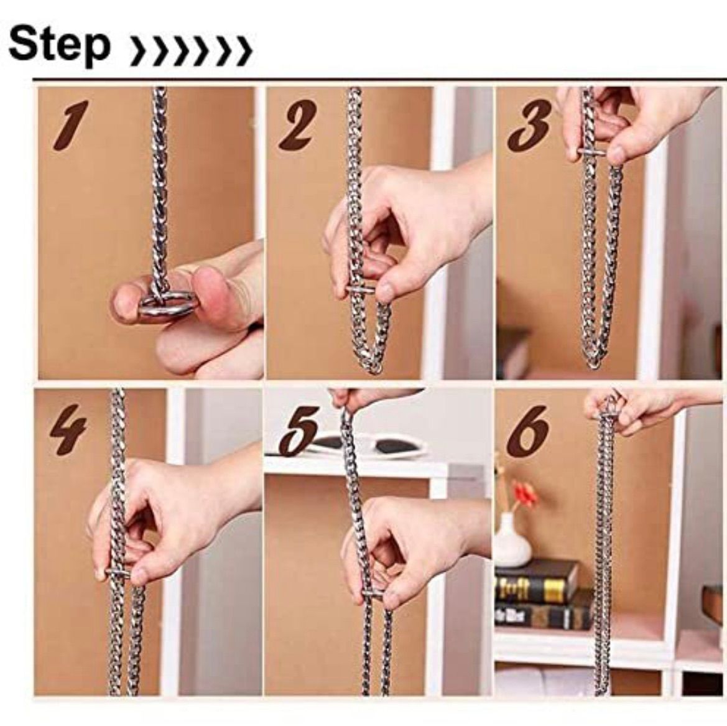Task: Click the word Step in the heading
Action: point(60,47)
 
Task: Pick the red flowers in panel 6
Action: point(524,493)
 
